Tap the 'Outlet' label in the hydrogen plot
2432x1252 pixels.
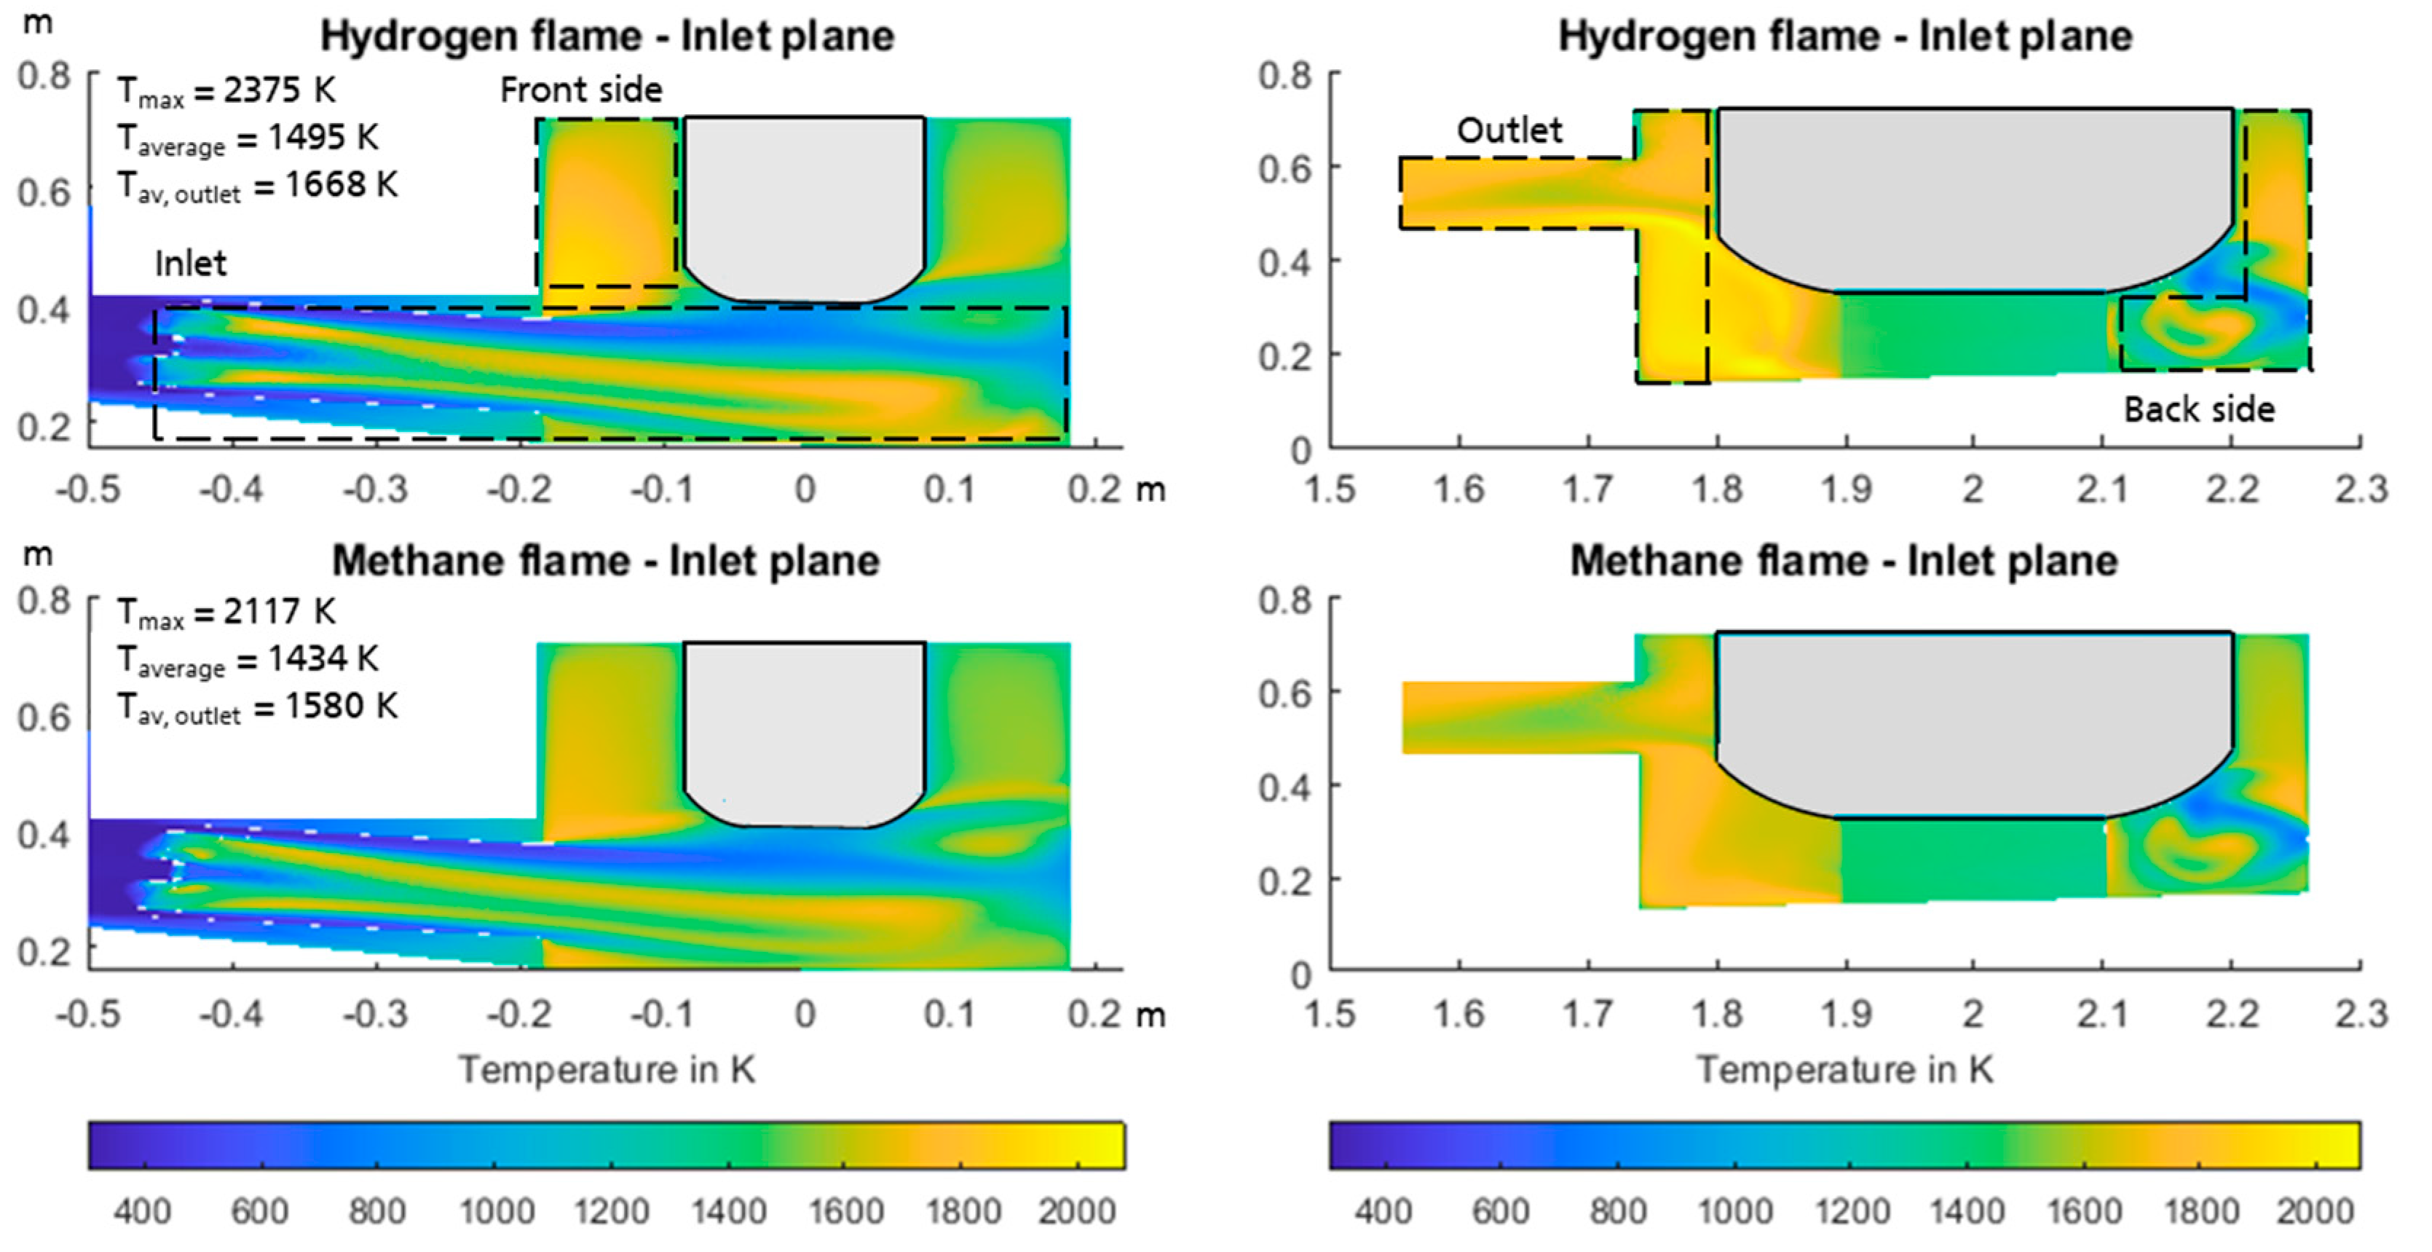[1509, 130]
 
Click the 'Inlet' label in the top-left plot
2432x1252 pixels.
[190, 264]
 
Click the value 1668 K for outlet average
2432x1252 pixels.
[341, 185]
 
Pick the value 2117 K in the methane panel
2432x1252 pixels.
[278, 612]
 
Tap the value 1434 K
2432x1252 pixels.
[322, 659]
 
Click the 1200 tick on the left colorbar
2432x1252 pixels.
[611, 1210]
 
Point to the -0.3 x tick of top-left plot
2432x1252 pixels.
[375, 490]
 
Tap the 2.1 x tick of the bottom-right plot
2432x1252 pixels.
[2102, 1014]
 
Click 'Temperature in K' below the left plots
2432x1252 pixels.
[607, 1070]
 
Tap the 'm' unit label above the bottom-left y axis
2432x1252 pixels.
[37, 554]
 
